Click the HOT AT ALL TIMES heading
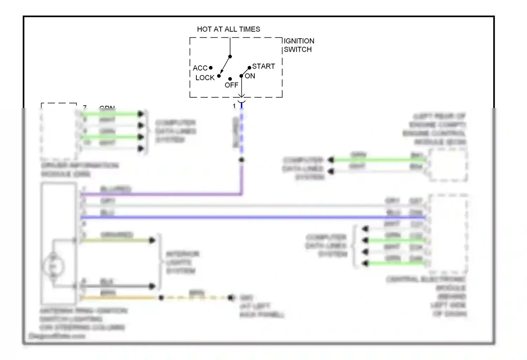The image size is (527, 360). (228, 29)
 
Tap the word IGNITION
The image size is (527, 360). (299, 41)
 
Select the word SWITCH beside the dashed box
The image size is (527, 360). (298, 50)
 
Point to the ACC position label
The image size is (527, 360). (200, 68)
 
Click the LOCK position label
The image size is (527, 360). (205, 78)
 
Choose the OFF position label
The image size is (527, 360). (231, 85)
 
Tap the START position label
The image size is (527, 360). (263, 66)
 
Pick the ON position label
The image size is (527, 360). (250, 76)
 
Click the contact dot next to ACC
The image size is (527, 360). (211, 67)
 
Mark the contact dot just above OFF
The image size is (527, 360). (230, 79)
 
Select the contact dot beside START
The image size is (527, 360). (249, 67)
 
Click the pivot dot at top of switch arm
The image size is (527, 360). (230, 57)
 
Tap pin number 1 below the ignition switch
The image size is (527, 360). (234, 106)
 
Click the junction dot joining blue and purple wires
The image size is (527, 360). (242, 160)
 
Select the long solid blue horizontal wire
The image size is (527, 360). (246, 218)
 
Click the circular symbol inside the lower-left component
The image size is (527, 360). (53, 266)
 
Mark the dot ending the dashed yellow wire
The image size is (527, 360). (230, 298)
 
